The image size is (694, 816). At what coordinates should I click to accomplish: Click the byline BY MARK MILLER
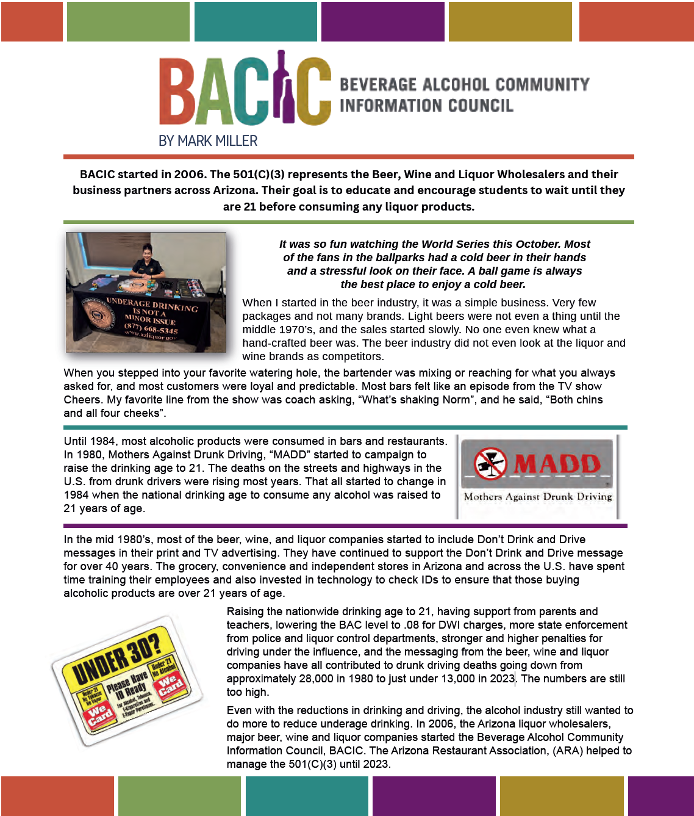pyautogui.click(x=208, y=141)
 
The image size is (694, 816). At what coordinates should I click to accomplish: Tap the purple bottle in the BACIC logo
pyautogui.click(x=282, y=88)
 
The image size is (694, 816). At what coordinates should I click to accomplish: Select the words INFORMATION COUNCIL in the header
pyautogui.click(x=426, y=106)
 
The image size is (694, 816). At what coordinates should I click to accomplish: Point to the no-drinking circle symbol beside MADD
pyautogui.click(x=490, y=463)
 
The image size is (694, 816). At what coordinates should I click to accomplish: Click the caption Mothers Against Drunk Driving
pyautogui.click(x=537, y=497)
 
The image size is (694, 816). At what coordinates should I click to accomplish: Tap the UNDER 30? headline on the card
pyautogui.click(x=116, y=657)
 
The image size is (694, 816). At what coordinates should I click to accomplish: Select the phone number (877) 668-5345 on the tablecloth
pyautogui.click(x=151, y=328)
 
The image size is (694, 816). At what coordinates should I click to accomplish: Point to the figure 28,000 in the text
pyautogui.click(x=320, y=679)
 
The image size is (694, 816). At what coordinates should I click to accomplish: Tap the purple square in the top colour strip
pyautogui.click(x=382, y=21)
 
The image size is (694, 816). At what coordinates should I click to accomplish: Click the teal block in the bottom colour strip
pyautogui.click(x=307, y=796)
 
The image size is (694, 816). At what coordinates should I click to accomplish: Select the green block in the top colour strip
pyautogui.click(x=128, y=21)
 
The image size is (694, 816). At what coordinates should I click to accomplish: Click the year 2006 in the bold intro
pyautogui.click(x=189, y=175)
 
